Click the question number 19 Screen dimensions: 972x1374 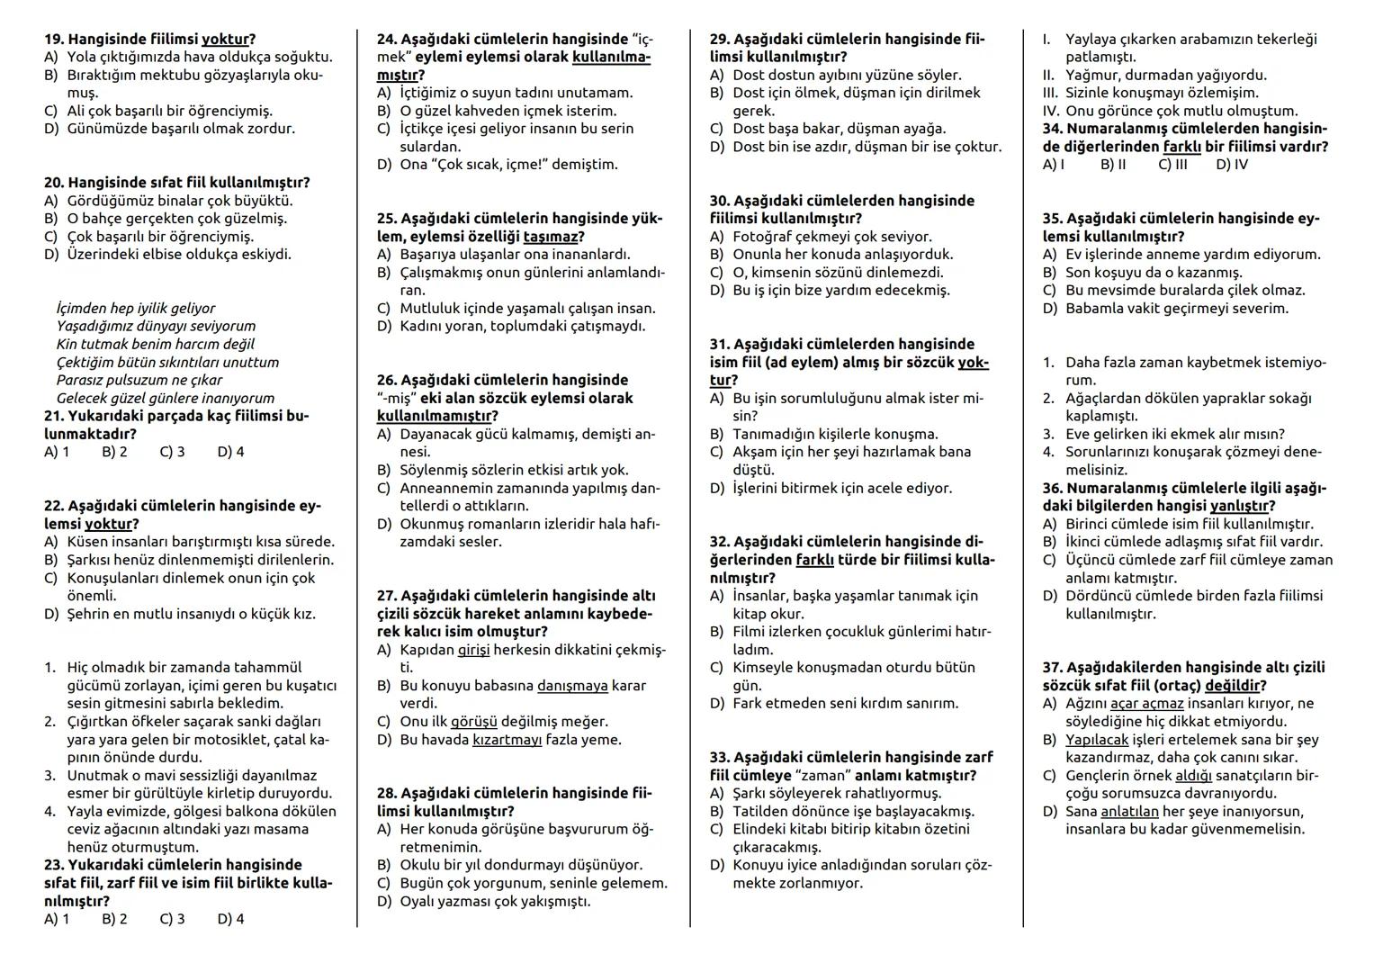(x=54, y=40)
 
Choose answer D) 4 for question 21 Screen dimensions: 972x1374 (x=230, y=452)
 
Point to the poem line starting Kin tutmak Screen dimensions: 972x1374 (x=155, y=344)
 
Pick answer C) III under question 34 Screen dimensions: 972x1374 (x=1172, y=165)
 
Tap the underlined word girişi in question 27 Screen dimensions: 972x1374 (x=473, y=650)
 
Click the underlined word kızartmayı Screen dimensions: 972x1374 (x=507, y=740)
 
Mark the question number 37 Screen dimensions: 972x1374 (x=1053, y=668)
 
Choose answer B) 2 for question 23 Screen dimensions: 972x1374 (x=114, y=919)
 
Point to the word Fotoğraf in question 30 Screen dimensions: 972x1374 (x=764, y=237)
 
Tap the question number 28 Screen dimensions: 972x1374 (x=387, y=794)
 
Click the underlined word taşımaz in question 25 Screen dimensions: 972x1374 (x=550, y=237)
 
